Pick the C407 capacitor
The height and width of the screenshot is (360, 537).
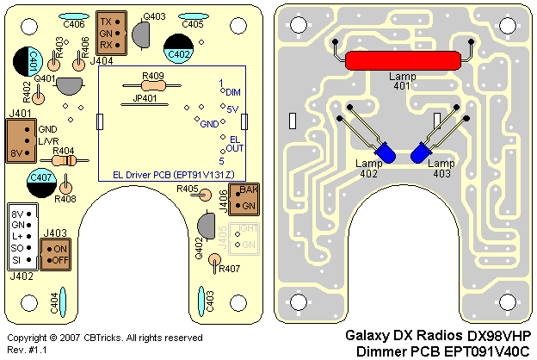(x=41, y=180)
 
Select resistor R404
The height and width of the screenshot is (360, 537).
(x=63, y=159)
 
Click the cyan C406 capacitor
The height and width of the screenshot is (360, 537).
(x=74, y=16)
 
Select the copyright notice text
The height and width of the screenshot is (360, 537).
(x=105, y=337)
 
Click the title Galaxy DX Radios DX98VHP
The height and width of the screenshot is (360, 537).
(x=437, y=335)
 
